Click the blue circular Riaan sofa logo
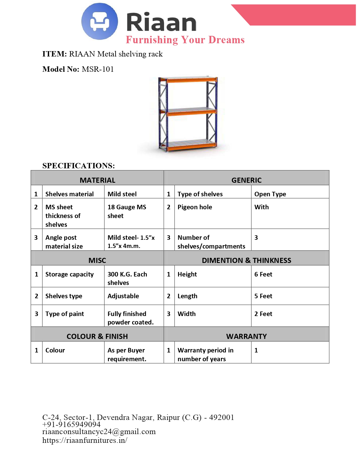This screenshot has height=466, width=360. click(99, 21)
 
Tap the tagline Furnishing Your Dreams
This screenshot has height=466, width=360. click(185, 40)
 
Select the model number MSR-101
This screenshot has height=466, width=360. click(98, 69)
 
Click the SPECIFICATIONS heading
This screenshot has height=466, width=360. click(78, 166)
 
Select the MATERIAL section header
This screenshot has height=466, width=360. click(97, 180)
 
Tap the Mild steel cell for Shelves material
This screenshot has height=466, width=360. click(122, 194)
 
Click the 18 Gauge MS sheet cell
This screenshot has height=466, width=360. click(127, 211)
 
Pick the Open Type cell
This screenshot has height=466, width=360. click(270, 194)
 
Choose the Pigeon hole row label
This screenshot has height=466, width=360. click(195, 207)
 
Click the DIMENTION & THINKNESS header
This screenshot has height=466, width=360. click(246, 260)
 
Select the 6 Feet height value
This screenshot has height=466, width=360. click(263, 274)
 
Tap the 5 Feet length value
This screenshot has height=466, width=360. click(263, 296)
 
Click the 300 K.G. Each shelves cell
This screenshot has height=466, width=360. click(127, 278)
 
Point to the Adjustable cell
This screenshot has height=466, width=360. click(123, 296)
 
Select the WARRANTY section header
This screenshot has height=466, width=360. click(246, 336)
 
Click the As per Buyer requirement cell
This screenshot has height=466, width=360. click(127, 354)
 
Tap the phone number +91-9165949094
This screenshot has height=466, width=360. click(71, 424)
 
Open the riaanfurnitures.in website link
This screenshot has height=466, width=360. click(85, 440)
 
